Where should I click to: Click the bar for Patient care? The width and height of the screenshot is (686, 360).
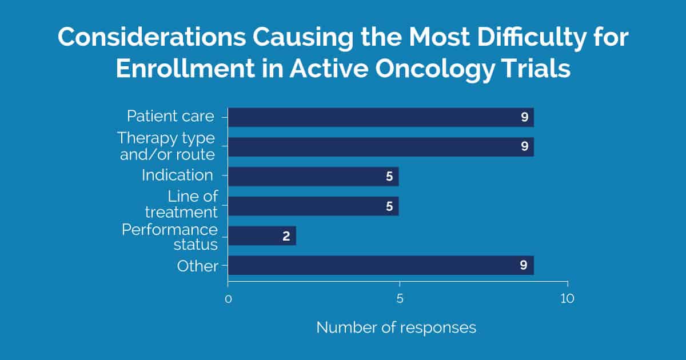[x=381, y=117]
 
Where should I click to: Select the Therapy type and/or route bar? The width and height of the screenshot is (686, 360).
[x=381, y=147]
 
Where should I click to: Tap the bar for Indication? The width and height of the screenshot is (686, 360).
[x=313, y=177]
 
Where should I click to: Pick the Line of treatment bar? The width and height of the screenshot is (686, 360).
[x=313, y=206]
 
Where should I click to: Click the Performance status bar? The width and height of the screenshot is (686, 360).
[x=262, y=235]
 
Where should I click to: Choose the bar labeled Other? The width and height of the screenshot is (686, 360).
[x=381, y=265]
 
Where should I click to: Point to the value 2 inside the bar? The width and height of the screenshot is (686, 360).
[x=286, y=236]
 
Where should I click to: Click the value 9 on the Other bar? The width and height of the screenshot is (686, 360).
[x=524, y=265]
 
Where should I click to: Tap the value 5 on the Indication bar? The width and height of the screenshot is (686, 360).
[x=389, y=177]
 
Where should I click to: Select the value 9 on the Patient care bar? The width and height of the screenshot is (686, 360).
[x=524, y=117]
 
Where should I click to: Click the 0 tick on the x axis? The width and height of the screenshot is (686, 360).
[x=228, y=299]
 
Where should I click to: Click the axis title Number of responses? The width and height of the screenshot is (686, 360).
[x=396, y=327]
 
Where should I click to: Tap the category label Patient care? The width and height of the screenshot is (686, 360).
[x=170, y=117]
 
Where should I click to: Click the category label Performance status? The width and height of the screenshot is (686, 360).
[x=170, y=237]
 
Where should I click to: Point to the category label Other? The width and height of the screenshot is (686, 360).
[x=198, y=266]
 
